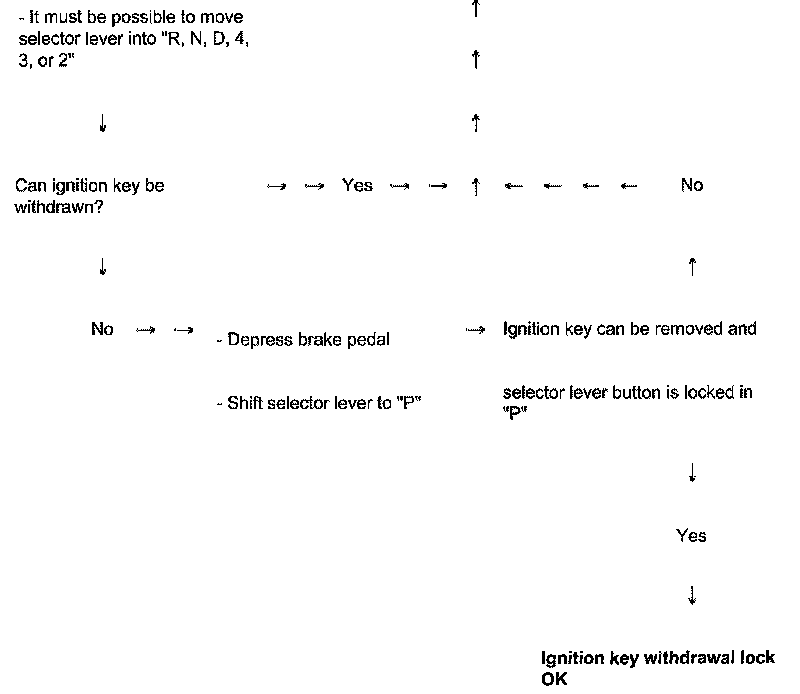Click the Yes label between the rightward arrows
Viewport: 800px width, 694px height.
tap(357, 185)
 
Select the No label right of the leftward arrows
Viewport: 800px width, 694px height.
tap(691, 185)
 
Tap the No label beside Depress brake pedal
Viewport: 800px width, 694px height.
tap(102, 329)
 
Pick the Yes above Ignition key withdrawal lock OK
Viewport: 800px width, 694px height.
tap(691, 536)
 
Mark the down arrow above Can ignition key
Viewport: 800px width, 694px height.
tap(103, 124)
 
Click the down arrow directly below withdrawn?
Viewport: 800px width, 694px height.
tap(103, 267)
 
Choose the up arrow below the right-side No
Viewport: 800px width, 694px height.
tap(691, 267)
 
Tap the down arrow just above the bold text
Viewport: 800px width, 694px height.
tap(691, 596)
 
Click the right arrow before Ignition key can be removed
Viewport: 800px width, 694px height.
tap(476, 330)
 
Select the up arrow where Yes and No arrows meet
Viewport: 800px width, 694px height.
tap(476, 186)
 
